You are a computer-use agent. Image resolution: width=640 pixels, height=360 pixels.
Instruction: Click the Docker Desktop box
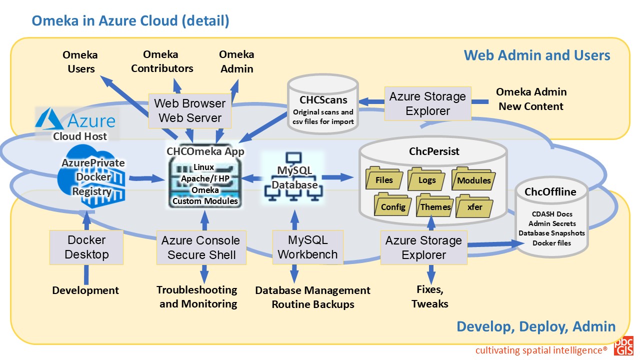pos(86,247)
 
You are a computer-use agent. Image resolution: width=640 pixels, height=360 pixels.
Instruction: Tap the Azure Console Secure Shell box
pos(200,247)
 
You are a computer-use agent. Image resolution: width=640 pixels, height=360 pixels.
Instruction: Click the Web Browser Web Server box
pos(189,111)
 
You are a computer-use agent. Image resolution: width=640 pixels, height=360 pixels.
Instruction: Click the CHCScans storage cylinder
pos(323,105)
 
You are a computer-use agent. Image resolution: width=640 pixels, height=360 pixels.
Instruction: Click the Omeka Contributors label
pos(161,61)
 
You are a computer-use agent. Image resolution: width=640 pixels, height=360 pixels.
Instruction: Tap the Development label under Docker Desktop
pos(85,290)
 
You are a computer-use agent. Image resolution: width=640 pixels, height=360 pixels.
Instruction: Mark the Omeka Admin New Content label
pos(531,99)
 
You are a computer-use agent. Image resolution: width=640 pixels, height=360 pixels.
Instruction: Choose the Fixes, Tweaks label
pos(429,296)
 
